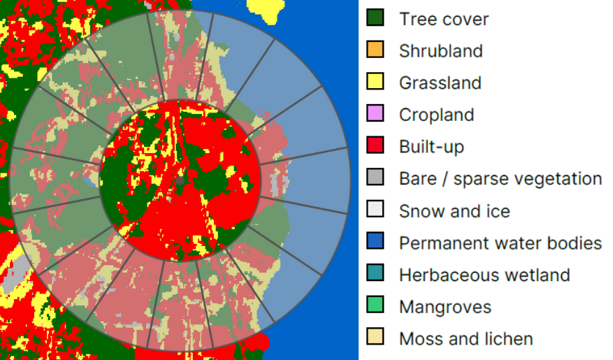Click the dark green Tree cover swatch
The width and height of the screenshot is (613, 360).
pos(375,18)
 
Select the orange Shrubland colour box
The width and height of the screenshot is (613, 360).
pos(375,50)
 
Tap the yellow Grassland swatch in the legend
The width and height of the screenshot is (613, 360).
pos(375,82)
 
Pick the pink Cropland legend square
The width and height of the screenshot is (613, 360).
pos(375,115)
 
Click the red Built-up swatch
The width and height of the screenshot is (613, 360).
pos(375,147)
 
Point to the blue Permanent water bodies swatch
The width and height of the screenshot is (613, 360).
pos(375,243)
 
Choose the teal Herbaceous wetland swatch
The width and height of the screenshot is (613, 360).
pos(375,275)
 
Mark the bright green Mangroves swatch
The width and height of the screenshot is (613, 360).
pos(375,307)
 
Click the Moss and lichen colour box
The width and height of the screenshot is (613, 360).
pos(375,339)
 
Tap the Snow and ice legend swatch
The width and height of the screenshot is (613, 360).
pos(375,211)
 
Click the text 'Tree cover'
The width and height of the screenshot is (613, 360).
pos(444,19)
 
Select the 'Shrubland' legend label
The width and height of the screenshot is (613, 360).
pos(440,51)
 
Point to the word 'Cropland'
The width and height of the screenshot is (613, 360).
pos(436,115)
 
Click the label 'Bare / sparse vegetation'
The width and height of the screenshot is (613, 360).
pos(500,179)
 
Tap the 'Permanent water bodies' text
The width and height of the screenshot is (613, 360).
pos(500,243)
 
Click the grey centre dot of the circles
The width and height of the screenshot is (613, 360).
pos(180,180)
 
